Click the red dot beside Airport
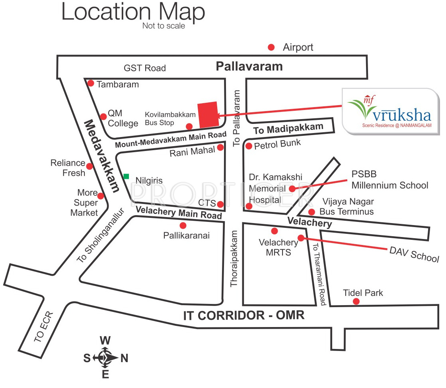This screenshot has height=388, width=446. coord(271,47)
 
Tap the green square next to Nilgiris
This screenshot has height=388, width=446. coord(126,176)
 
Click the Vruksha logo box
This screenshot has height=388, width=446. coord(390,111)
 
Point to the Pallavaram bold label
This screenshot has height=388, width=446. coord(249,66)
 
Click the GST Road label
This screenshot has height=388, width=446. coord(144,68)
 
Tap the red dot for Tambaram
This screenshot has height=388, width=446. coord(91,83)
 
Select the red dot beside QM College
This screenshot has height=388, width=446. coord(103,116)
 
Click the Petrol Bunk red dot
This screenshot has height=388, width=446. coord(249,146)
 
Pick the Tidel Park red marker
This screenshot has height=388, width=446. coord(356,302)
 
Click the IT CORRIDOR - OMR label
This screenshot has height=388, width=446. coord(244,315)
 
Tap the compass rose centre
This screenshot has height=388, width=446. coord(105,358)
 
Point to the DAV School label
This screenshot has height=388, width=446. coord(414,254)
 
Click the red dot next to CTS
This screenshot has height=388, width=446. coord(220,204)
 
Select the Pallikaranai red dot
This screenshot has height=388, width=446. coord(183,225)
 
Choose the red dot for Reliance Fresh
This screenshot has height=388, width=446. coord(90,166)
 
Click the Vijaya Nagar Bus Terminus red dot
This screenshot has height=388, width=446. coord(312,212)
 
